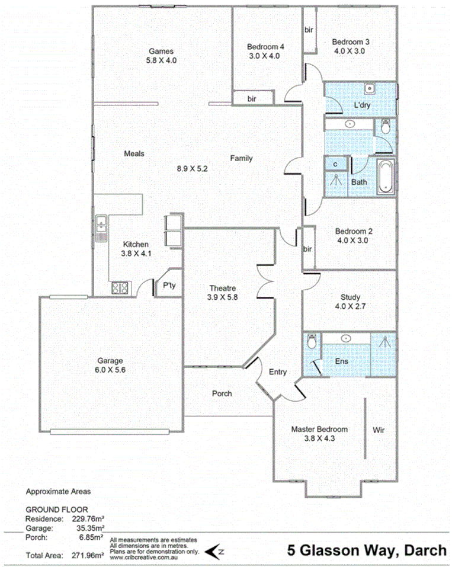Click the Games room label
(x=161, y=51)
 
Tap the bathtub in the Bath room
(x=386, y=176)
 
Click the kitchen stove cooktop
(x=120, y=288)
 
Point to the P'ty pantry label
(x=169, y=286)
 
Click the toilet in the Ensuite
(x=312, y=343)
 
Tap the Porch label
(x=223, y=393)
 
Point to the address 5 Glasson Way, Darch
(x=367, y=550)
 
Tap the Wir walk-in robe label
(x=379, y=430)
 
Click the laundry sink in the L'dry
(x=369, y=89)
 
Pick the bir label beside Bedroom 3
(x=309, y=30)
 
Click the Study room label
(x=350, y=297)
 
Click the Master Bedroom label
(x=319, y=430)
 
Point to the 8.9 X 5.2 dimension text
(x=192, y=169)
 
